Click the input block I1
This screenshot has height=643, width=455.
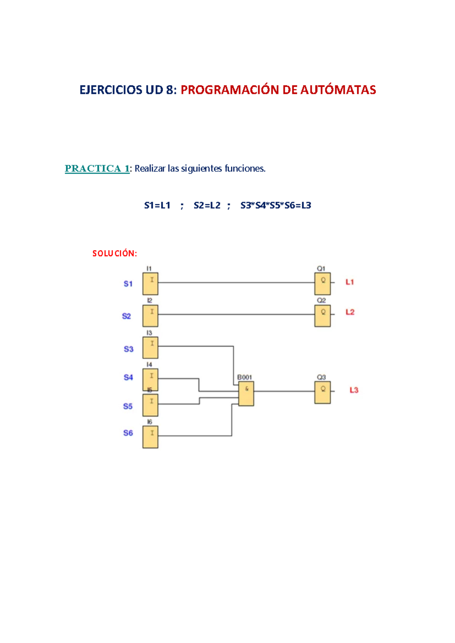150,284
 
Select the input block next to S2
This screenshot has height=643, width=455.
150,315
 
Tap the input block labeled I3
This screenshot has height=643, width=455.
150,347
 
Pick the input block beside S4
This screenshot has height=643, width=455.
150,379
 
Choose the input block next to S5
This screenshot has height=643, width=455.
150,405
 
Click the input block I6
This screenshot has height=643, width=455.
150,437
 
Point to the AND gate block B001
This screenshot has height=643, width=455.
246,394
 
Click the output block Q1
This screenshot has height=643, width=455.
322,284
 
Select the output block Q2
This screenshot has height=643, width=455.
322,315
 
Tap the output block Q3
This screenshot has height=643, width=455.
322,392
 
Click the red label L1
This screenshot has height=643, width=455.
350,282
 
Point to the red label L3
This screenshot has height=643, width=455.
354,390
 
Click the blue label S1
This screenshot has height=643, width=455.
128,284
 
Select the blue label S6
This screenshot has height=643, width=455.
128,433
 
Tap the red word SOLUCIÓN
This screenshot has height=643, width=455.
115,253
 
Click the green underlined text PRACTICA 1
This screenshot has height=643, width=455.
97,168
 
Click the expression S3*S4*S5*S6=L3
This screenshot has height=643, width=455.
276,205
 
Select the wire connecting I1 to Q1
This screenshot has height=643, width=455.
235,282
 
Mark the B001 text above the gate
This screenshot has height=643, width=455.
245,377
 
